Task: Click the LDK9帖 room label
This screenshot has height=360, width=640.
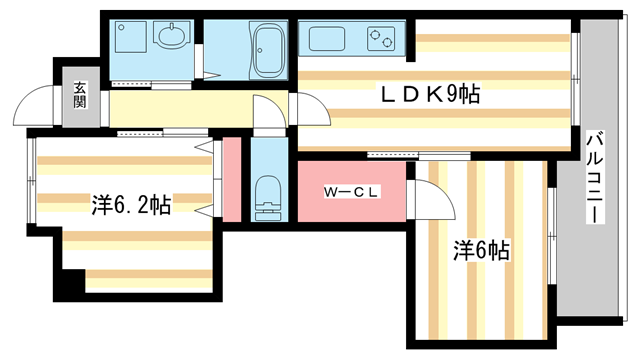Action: [427, 95]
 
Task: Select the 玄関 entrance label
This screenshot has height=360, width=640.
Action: [79, 97]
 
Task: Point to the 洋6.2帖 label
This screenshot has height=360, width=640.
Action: [130, 206]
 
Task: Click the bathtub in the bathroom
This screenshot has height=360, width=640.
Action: [267, 49]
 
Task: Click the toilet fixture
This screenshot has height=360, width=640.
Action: [267, 196]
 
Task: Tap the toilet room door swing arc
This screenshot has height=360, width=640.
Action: [267, 112]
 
